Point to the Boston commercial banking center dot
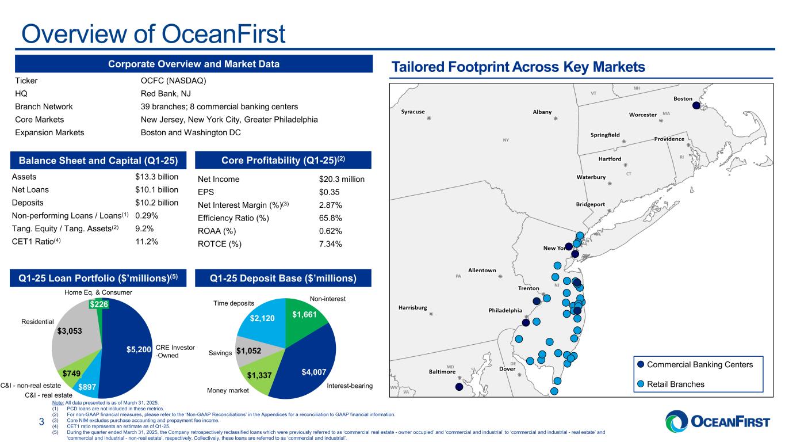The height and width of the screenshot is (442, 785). [696, 105]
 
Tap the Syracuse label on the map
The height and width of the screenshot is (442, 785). [413, 112]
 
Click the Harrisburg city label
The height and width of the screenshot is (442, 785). [413, 308]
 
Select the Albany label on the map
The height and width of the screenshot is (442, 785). [542, 112]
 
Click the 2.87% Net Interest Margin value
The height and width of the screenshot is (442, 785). [331, 205]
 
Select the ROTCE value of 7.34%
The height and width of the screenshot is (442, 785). [331, 244]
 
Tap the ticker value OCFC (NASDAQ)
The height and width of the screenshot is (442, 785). [173, 81]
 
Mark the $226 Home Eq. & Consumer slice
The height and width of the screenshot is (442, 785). [97, 303]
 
